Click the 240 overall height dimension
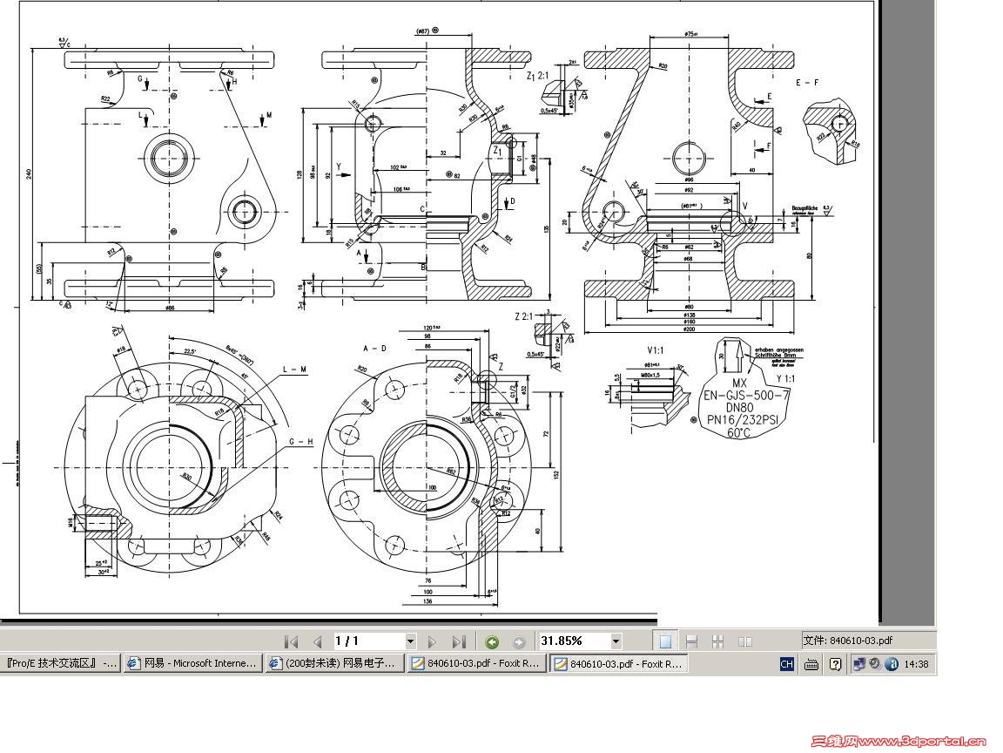tap(28, 174)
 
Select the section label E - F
tap(808, 83)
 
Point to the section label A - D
tap(375, 349)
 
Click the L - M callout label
tap(295, 370)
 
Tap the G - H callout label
tap(300, 442)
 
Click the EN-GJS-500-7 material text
tap(747, 395)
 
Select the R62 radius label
tap(452, 471)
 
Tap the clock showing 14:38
tap(916, 664)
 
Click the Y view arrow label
tap(340, 166)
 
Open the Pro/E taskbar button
tap(61, 663)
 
